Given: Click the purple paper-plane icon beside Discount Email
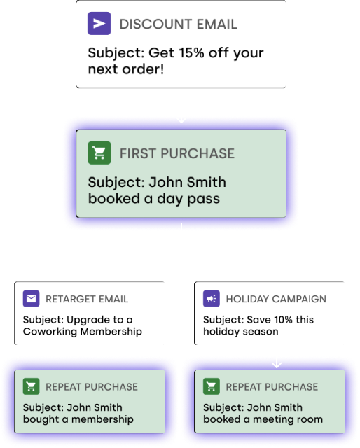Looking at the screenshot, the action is pos(99,23).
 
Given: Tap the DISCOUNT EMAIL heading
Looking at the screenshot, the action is pos(179,24).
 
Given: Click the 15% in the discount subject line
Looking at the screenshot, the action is pos(191,53).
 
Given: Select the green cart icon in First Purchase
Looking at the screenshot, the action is pos(99,153).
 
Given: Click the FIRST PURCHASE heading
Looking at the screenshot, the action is pos(177,153).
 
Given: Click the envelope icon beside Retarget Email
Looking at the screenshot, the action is pos(32,299).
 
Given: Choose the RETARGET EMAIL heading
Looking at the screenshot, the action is pos(87,299).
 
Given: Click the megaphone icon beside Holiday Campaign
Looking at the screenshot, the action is pos(212,299).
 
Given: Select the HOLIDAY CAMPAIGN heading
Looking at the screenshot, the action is pos(276,299).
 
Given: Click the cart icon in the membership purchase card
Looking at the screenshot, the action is pos(32,386).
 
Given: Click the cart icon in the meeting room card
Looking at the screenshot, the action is pos(212,386).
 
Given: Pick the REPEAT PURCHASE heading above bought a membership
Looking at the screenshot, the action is pos(92,387).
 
